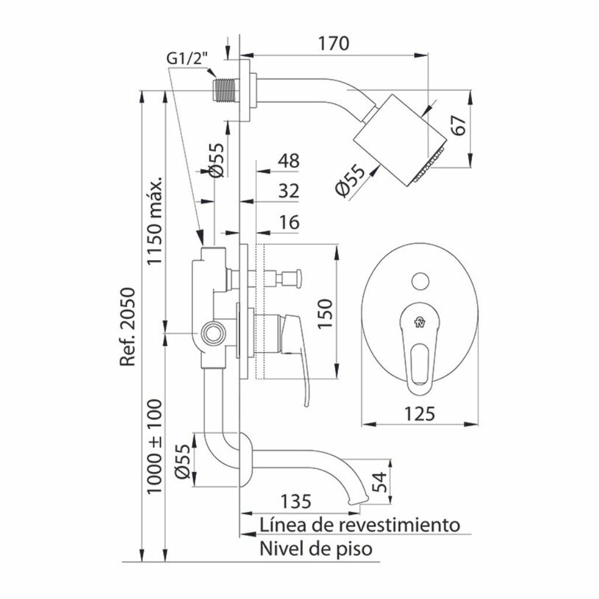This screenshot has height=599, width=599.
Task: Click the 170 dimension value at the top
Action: pos(333,43)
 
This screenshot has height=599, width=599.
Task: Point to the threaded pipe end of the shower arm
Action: pos(226,91)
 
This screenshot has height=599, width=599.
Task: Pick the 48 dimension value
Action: pos(289,161)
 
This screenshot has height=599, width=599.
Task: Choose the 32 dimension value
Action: pos(289,191)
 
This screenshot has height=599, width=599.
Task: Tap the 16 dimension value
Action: pos(289,222)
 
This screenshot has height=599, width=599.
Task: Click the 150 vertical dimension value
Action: pos(325,314)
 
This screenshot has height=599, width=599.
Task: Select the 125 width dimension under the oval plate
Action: pos(419,414)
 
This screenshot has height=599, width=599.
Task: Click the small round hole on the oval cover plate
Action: pos(420,281)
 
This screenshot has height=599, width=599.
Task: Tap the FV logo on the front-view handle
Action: pos(419,322)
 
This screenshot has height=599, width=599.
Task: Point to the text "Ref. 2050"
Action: pos(128,327)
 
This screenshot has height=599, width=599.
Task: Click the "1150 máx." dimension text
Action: pos(156,221)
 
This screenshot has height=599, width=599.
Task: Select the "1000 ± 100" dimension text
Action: pos(154,446)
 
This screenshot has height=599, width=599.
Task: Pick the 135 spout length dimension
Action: pos(295,501)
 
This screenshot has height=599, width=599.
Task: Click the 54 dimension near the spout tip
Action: pos(379,482)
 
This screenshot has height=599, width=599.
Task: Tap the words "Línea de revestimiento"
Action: pos(360,525)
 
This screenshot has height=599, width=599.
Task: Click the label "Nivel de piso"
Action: pos(316,549)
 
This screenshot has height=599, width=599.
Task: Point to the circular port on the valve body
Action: pos(212,333)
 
